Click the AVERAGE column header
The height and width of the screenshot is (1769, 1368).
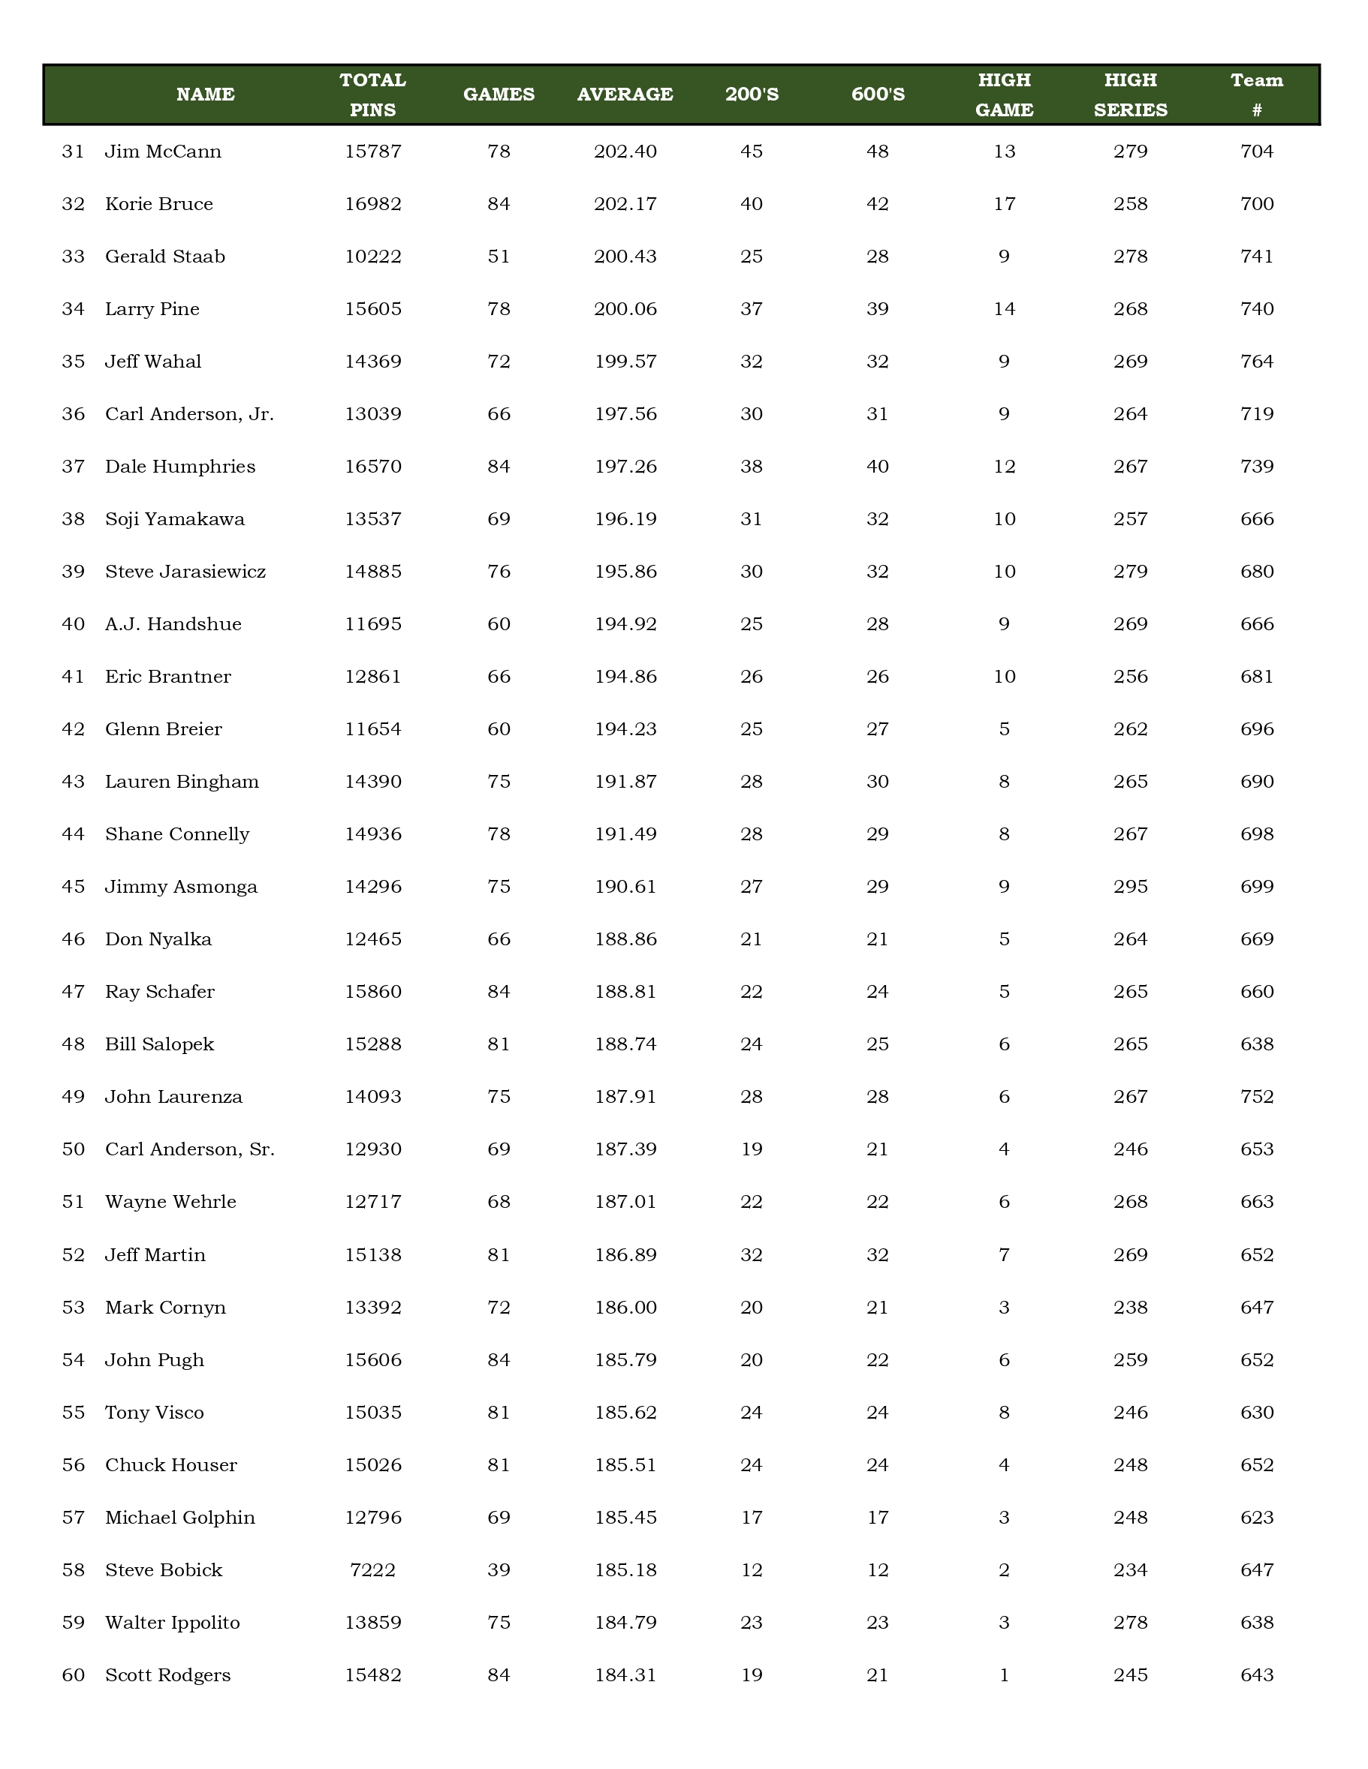[625, 94]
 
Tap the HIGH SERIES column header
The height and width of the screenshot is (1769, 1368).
[1130, 94]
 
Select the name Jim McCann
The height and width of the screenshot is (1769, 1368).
[163, 152]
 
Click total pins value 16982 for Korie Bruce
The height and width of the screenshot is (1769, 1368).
[373, 204]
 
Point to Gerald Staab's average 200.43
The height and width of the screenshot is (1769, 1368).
[625, 257]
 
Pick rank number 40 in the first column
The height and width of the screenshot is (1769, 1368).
[73, 623]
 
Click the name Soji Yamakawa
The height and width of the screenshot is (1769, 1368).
[174, 519]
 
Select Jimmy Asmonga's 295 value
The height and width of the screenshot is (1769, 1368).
[1130, 886]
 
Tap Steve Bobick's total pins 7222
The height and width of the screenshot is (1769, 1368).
[373, 1569]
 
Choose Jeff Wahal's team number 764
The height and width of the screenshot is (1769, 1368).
[1256, 362]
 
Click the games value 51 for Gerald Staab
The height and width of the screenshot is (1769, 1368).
[499, 257]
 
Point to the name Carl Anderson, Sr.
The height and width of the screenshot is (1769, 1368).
[190, 1149]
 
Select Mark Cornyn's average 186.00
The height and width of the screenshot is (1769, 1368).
[625, 1308]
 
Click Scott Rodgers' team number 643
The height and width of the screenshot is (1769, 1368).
[1256, 1675]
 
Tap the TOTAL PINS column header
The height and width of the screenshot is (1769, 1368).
[373, 94]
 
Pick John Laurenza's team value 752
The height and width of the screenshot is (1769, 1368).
[1256, 1097]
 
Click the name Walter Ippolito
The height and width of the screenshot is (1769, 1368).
[173, 1623]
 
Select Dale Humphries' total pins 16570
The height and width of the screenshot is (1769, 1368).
[373, 467]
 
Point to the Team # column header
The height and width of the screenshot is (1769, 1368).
[1256, 94]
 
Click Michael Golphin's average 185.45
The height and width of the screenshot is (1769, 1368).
[625, 1517]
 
